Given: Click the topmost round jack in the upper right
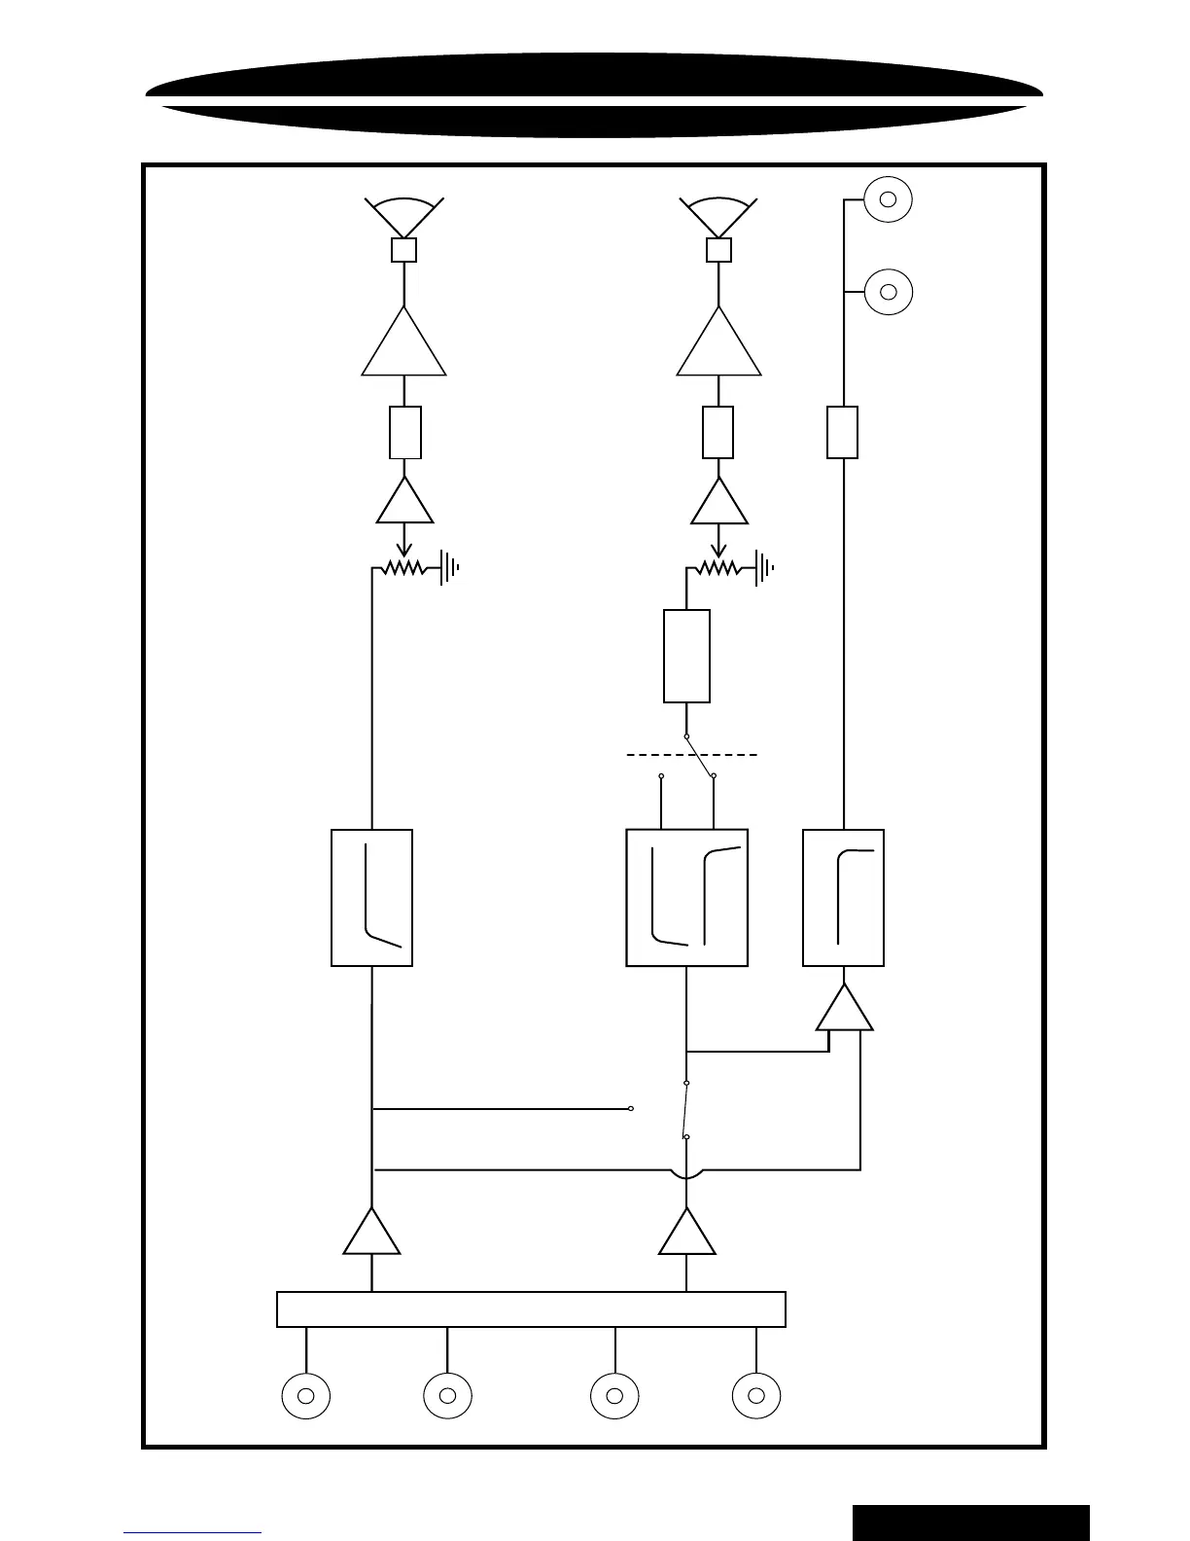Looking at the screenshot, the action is [x=887, y=199].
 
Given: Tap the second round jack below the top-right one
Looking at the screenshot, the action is [x=887, y=291].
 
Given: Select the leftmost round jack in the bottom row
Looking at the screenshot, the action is [x=305, y=1396].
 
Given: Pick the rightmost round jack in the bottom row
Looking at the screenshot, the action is [x=755, y=1396].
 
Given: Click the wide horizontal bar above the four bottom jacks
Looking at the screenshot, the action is [x=531, y=1309].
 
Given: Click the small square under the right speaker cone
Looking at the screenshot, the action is [x=718, y=250].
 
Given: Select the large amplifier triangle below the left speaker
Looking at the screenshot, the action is [x=403, y=345].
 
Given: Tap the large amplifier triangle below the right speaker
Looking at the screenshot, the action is [x=718, y=345].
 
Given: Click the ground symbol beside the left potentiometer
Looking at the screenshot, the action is [x=450, y=567].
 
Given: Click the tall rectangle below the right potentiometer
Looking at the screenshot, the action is [x=686, y=656].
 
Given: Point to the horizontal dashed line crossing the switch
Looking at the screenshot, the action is [x=691, y=754].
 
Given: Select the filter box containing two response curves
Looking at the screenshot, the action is [x=686, y=897].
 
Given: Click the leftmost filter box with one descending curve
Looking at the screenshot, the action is [x=371, y=897].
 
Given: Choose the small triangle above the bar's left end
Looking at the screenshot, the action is [x=371, y=1235].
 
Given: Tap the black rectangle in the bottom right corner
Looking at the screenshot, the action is [x=970, y=1523].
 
